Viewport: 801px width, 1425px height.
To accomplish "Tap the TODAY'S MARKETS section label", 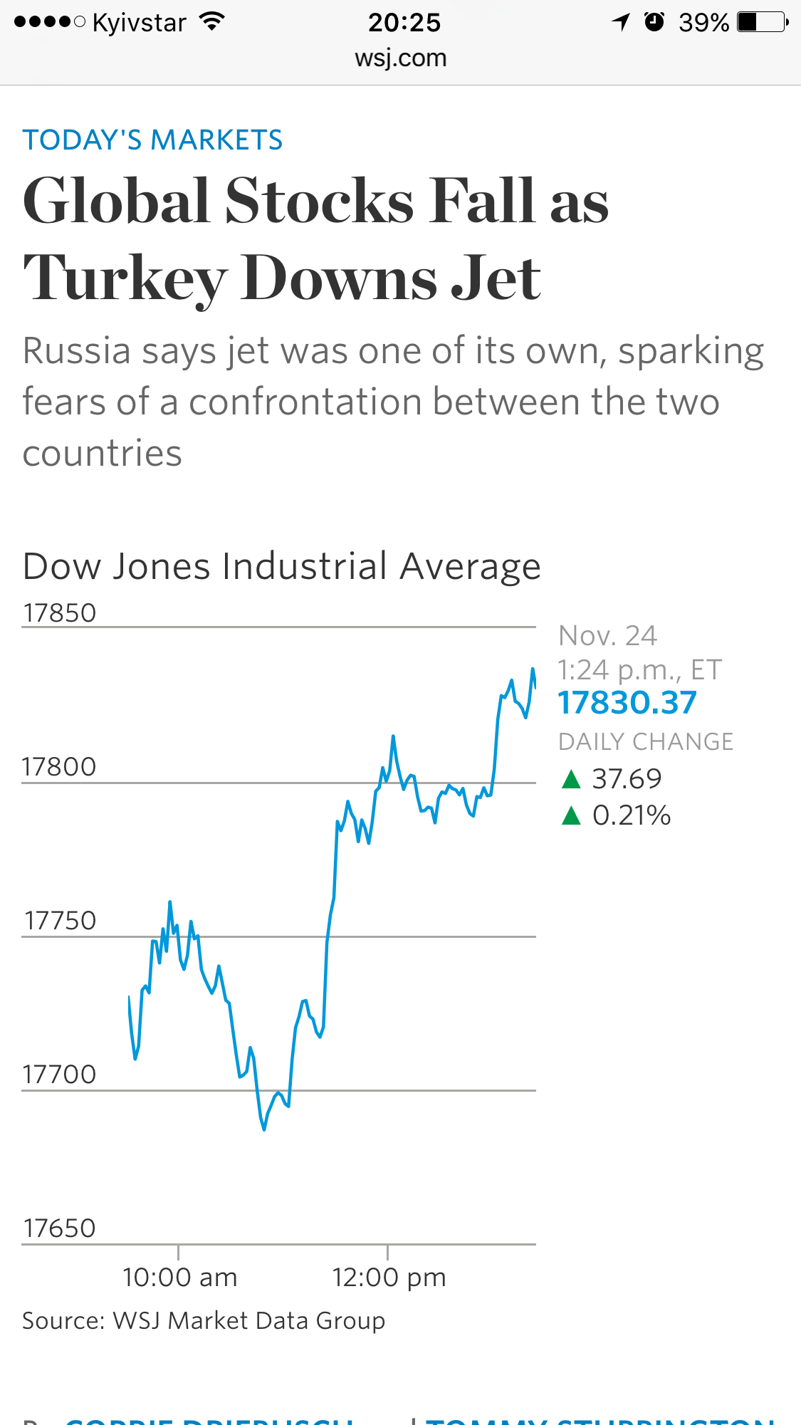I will (152, 140).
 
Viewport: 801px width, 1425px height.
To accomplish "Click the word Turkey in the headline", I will (125, 278).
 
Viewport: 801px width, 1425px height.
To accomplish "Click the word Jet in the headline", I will (496, 278).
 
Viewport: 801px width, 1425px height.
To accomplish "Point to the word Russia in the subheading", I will (77, 351).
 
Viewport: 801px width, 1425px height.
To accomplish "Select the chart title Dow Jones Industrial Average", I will (282, 567).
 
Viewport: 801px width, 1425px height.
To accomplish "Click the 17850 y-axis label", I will (60, 613).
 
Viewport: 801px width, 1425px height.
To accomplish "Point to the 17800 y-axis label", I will (59, 767).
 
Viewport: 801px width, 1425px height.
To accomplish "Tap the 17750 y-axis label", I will (61, 921).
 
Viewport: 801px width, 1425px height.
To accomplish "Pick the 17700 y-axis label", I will (59, 1075).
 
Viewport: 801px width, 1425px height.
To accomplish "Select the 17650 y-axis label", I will (59, 1228).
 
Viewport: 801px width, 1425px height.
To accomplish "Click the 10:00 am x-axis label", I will (179, 1278).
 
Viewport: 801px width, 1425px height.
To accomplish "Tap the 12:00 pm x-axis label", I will (389, 1278).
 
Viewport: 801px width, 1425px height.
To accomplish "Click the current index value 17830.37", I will (627, 703).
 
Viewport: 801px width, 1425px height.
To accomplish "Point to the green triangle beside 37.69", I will (571, 779).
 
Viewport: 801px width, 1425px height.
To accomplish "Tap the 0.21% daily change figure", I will (632, 815).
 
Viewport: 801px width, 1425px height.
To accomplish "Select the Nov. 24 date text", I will (607, 635).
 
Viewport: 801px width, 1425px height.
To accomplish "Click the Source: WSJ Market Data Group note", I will (204, 1321).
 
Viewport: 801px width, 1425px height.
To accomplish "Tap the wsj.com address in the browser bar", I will (401, 58).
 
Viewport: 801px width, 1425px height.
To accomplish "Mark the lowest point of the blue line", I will (264, 1129).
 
